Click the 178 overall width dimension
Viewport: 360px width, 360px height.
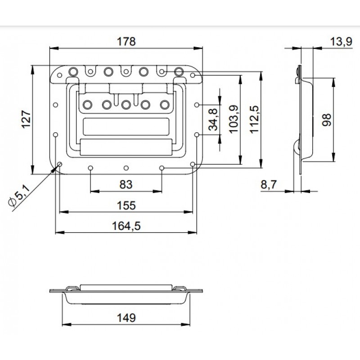126,41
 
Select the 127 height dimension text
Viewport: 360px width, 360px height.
26,119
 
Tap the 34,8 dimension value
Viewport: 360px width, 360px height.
213,120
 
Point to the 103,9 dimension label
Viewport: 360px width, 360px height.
234,119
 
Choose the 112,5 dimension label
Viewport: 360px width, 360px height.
254,119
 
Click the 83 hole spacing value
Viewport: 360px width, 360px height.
126,184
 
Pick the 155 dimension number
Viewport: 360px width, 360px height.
126,205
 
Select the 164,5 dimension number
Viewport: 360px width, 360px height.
126,226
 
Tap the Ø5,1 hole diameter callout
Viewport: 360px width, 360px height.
19,196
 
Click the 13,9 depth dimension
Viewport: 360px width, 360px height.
341,42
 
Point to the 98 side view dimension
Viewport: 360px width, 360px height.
327,120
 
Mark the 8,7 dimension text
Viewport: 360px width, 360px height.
269,184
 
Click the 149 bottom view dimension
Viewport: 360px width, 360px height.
126,318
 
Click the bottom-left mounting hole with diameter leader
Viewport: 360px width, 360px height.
59,164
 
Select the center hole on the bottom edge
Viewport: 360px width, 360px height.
126,168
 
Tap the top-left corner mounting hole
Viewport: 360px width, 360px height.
59,75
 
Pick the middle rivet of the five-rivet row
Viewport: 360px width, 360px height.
126,105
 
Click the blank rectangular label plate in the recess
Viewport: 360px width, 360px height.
126,127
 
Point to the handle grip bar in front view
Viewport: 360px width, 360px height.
126,147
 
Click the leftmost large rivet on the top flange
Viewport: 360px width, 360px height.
73,72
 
